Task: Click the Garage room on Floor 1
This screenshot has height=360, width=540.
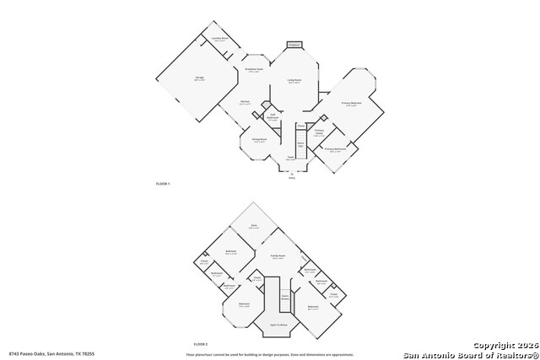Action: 201,78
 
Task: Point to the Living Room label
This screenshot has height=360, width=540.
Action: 294,81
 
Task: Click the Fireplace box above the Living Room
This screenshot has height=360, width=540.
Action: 294,45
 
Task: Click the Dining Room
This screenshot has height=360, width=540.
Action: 260,140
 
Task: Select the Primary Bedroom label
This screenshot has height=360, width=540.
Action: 351,104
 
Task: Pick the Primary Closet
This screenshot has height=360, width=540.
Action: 320,132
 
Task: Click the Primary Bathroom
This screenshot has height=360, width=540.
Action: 336,149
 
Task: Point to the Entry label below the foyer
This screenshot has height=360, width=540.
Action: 292,178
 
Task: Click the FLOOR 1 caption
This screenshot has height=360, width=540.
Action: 163,183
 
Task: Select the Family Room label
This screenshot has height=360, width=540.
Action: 278,255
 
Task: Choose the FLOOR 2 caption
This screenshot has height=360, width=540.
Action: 200,344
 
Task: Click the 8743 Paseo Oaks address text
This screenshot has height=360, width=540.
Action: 51,353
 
